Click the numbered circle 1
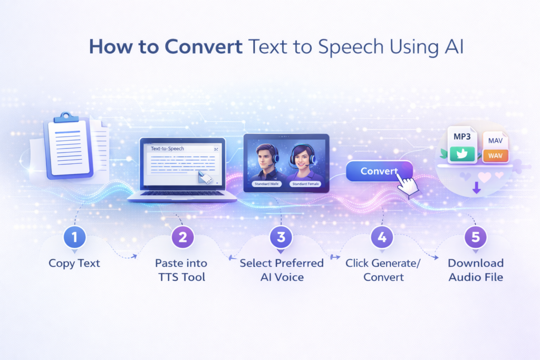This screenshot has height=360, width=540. click(x=74, y=238)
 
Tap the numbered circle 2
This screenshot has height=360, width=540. click(x=182, y=238)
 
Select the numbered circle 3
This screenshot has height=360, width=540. click(x=281, y=238)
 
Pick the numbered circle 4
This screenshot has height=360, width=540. click(x=382, y=238)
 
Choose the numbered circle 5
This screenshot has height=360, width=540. click(x=476, y=238)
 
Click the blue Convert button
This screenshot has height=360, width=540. click(x=379, y=171)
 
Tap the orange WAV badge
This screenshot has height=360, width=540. click(x=495, y=155)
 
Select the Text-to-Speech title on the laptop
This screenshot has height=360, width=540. click(x=167, y=149)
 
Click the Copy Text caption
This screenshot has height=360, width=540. click(x=74, y=263)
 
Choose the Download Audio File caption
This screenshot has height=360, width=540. click(x=476, y=270)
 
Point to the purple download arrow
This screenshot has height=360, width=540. click(x=476, y=187)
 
